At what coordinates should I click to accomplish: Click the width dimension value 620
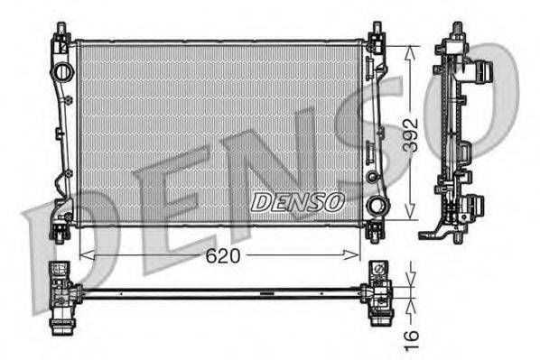pyautogui.click(x=221, y=255)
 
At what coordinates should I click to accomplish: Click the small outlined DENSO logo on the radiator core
pyautogui.click(x=297, y=202)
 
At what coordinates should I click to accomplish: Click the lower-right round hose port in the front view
pyautogui.click(x=375, y=206)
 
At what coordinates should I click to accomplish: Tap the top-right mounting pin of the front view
pyautogui.click(x=373, y=33)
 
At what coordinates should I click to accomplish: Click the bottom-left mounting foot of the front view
pyautogui.click(x=61, y=232)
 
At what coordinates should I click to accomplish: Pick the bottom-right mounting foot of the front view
pyautogui.click(x=375, y=233)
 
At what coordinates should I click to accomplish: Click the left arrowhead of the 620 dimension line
pyautogui.click(x=84, y=255)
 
